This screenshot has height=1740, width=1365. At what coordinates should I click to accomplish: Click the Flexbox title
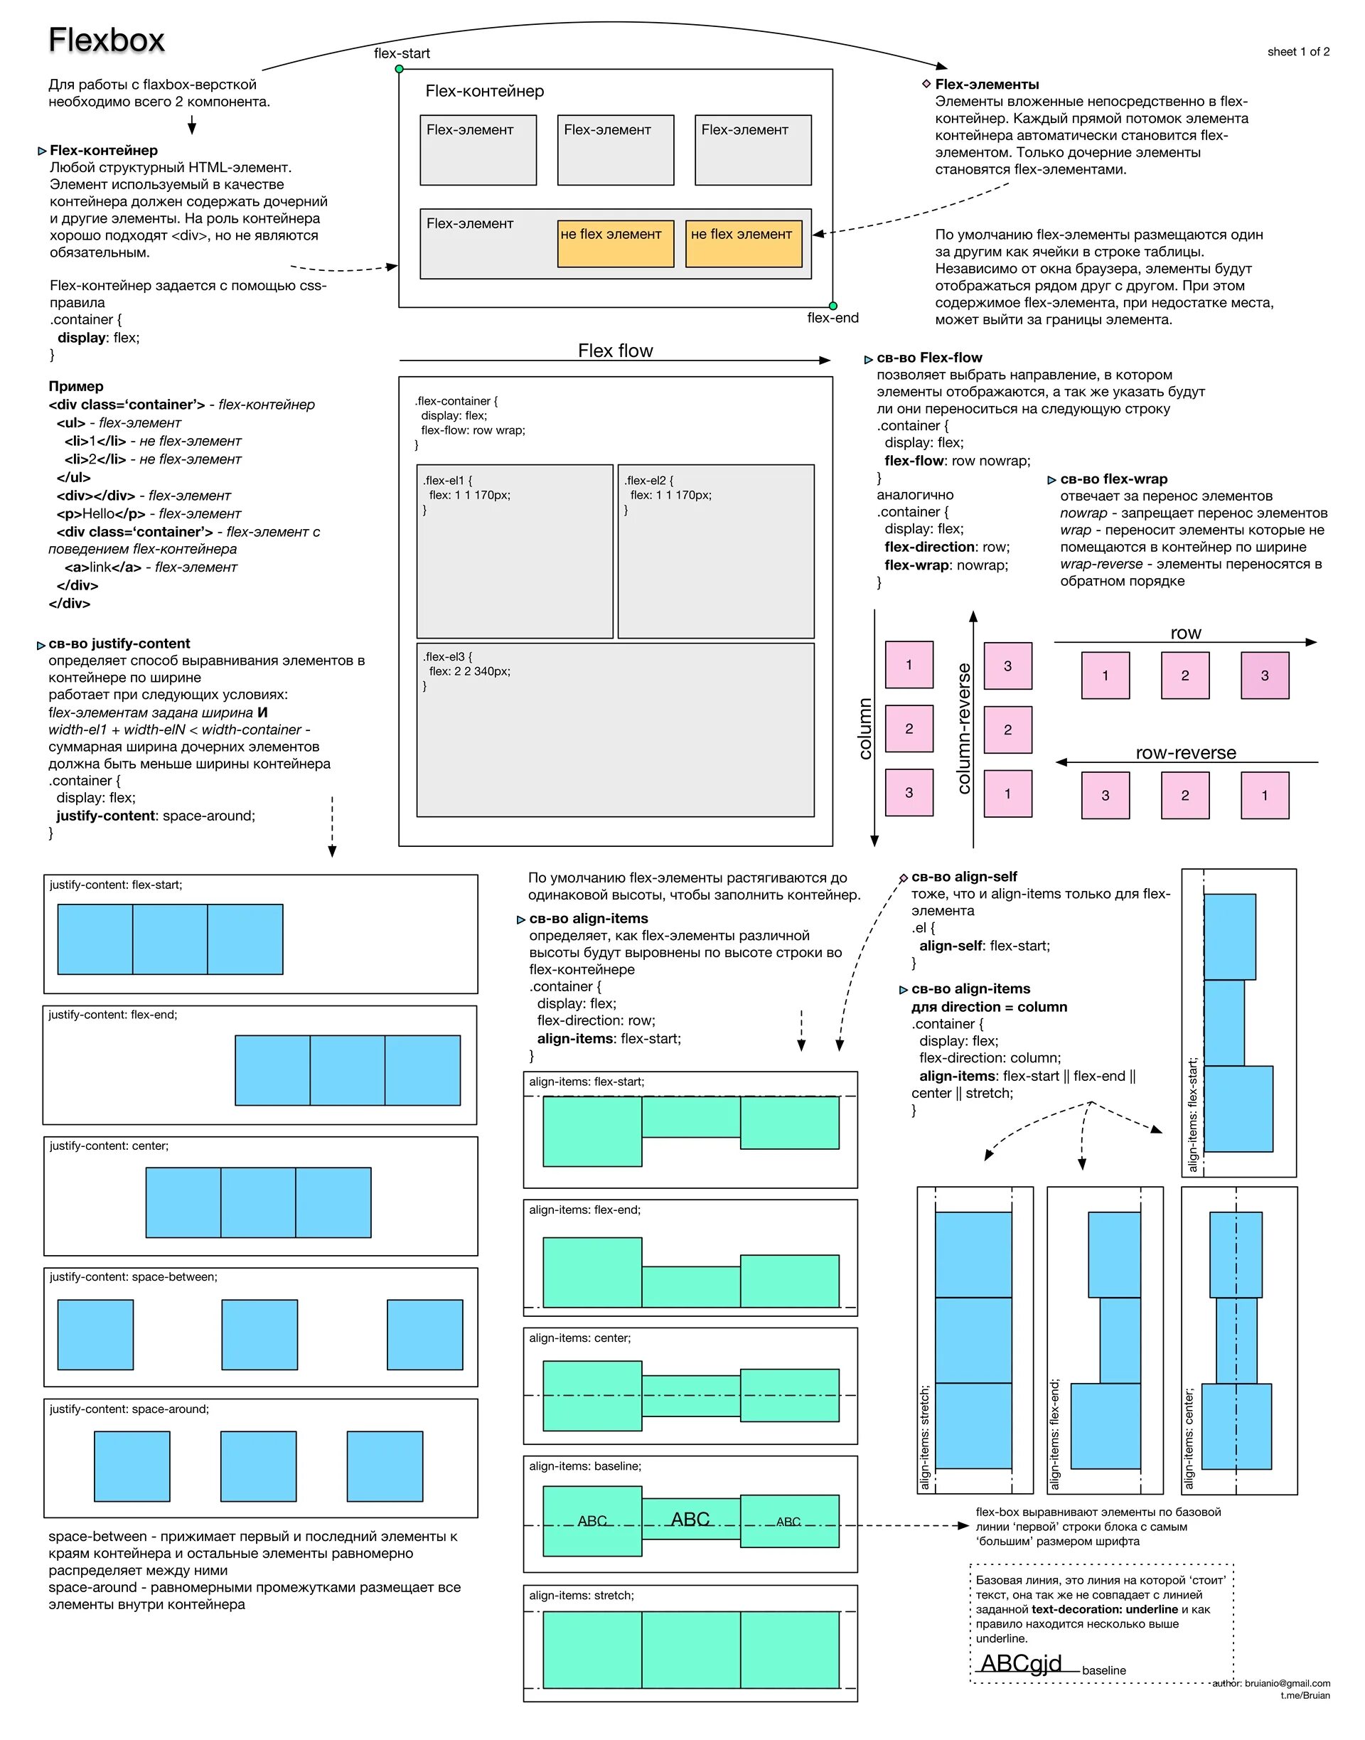[x=107, y=40]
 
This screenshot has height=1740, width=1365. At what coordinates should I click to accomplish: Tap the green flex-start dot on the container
[x=400, y=70]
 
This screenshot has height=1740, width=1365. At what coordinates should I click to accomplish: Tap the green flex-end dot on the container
[x=833, y=306]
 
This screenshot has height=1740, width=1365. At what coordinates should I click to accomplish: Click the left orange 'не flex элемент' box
[x=616, y=243]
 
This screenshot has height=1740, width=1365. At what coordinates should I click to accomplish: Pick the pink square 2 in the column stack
[x=909, y=729]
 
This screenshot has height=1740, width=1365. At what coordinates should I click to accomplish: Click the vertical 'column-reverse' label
[x=964, y=728]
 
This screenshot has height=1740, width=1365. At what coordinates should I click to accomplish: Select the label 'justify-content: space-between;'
[x=134, y=1277]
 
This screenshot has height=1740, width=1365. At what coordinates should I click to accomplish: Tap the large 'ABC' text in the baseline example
[x=690, y=1519]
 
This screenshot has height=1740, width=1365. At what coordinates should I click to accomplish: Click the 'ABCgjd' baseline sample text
[x=1021, y=1663]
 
